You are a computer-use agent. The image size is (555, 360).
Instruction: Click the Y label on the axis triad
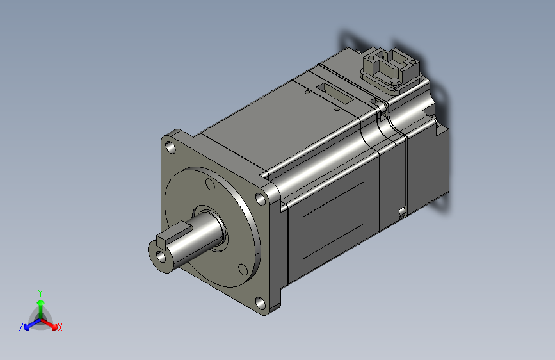point(40,293)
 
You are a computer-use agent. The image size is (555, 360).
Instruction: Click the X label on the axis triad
point(60,327)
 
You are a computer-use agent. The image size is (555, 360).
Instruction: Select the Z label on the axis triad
point(21,327)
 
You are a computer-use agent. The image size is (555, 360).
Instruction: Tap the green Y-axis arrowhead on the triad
point(41,303)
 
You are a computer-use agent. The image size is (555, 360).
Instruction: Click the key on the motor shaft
point(173,234)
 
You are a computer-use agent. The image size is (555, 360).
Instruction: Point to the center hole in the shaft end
point(161,256)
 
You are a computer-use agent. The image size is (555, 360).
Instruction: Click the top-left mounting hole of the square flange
point(171,147)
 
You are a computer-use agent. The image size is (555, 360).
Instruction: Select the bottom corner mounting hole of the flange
point(261,303)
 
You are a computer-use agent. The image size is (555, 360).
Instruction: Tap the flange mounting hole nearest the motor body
point(261,199)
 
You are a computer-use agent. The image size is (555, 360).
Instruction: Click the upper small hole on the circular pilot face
point(210,184)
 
